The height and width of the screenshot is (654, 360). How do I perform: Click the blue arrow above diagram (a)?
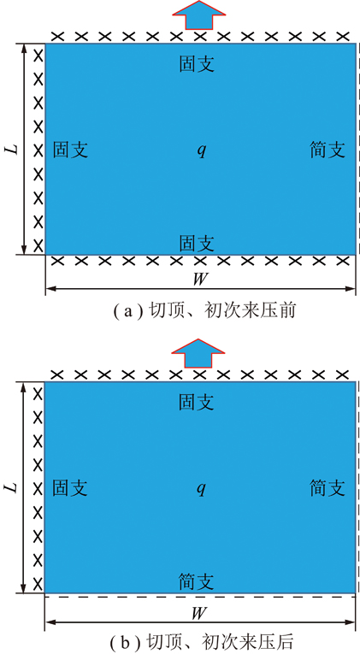199,15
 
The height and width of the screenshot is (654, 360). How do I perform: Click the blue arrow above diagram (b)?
199,353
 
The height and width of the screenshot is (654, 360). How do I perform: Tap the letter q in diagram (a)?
202,150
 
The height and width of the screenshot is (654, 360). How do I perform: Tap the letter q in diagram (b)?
202,489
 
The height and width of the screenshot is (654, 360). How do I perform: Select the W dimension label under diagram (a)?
200,279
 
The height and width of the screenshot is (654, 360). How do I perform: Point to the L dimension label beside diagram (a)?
14,149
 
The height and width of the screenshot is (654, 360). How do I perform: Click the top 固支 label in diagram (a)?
197,64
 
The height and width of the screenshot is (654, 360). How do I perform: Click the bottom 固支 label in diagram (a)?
197,243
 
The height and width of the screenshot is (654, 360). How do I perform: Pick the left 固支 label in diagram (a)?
70,150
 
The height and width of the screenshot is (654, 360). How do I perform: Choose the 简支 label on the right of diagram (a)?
328,150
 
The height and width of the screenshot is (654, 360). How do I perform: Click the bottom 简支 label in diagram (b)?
197,581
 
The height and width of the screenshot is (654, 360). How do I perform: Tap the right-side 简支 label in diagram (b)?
328,488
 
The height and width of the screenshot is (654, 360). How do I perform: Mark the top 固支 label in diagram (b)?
197,402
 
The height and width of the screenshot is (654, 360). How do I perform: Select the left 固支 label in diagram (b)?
69,488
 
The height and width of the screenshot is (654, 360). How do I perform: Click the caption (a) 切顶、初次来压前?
205,311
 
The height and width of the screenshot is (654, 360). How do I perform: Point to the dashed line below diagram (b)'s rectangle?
200,598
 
